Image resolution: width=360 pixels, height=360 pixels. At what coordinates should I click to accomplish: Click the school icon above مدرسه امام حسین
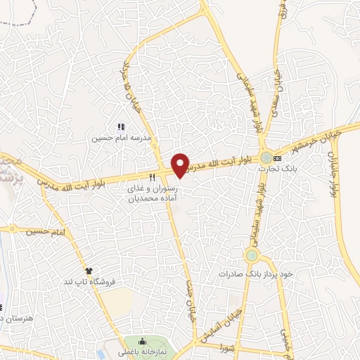pyautogui.click(x=120, y=127)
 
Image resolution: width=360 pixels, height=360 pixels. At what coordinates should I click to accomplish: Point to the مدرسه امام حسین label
pyautogui.click(x=110, y=139)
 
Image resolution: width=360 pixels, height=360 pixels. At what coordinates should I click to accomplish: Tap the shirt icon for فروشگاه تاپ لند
pyautogui.click(x=89, y=270)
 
